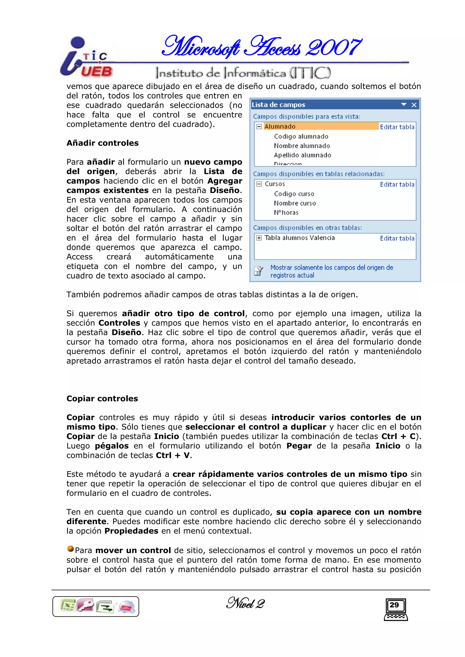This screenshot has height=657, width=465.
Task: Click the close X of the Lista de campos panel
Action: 414,105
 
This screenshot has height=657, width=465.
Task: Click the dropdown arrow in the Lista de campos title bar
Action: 404,105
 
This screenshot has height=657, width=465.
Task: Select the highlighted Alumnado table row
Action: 315,126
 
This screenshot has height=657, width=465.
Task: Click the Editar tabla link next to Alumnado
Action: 397,127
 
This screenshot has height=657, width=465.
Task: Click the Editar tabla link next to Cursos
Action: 397,185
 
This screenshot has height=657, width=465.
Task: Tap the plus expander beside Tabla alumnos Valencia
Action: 259,238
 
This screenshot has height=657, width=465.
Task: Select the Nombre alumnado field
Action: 302,146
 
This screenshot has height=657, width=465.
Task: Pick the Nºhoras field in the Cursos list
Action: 286,212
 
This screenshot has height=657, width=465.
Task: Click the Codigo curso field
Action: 294,194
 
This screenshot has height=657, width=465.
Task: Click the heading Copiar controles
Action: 102,399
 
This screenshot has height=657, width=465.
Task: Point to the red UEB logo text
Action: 96,71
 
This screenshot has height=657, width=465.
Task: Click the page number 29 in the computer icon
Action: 394,605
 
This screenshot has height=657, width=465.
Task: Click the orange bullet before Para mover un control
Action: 70,549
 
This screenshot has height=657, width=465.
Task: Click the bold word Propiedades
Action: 131,531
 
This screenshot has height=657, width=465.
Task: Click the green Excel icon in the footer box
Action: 68,606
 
